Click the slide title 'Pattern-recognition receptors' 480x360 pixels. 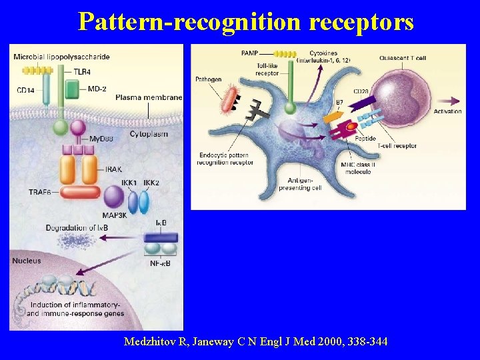pos(245,21)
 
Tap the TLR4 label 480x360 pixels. pos(83,71)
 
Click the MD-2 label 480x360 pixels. pos(97,88)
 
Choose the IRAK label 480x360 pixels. pos(114,170)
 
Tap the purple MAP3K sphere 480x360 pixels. pos(113,197)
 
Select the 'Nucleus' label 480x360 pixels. pos(27,261)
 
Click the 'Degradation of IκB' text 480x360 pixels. pos(77,228)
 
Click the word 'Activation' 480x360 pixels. pos(447,111)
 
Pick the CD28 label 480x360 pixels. pos(361,91)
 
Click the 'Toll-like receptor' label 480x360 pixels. pos(267,69)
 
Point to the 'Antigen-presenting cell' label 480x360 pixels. pos(305,184)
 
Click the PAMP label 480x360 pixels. pos(251,53)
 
